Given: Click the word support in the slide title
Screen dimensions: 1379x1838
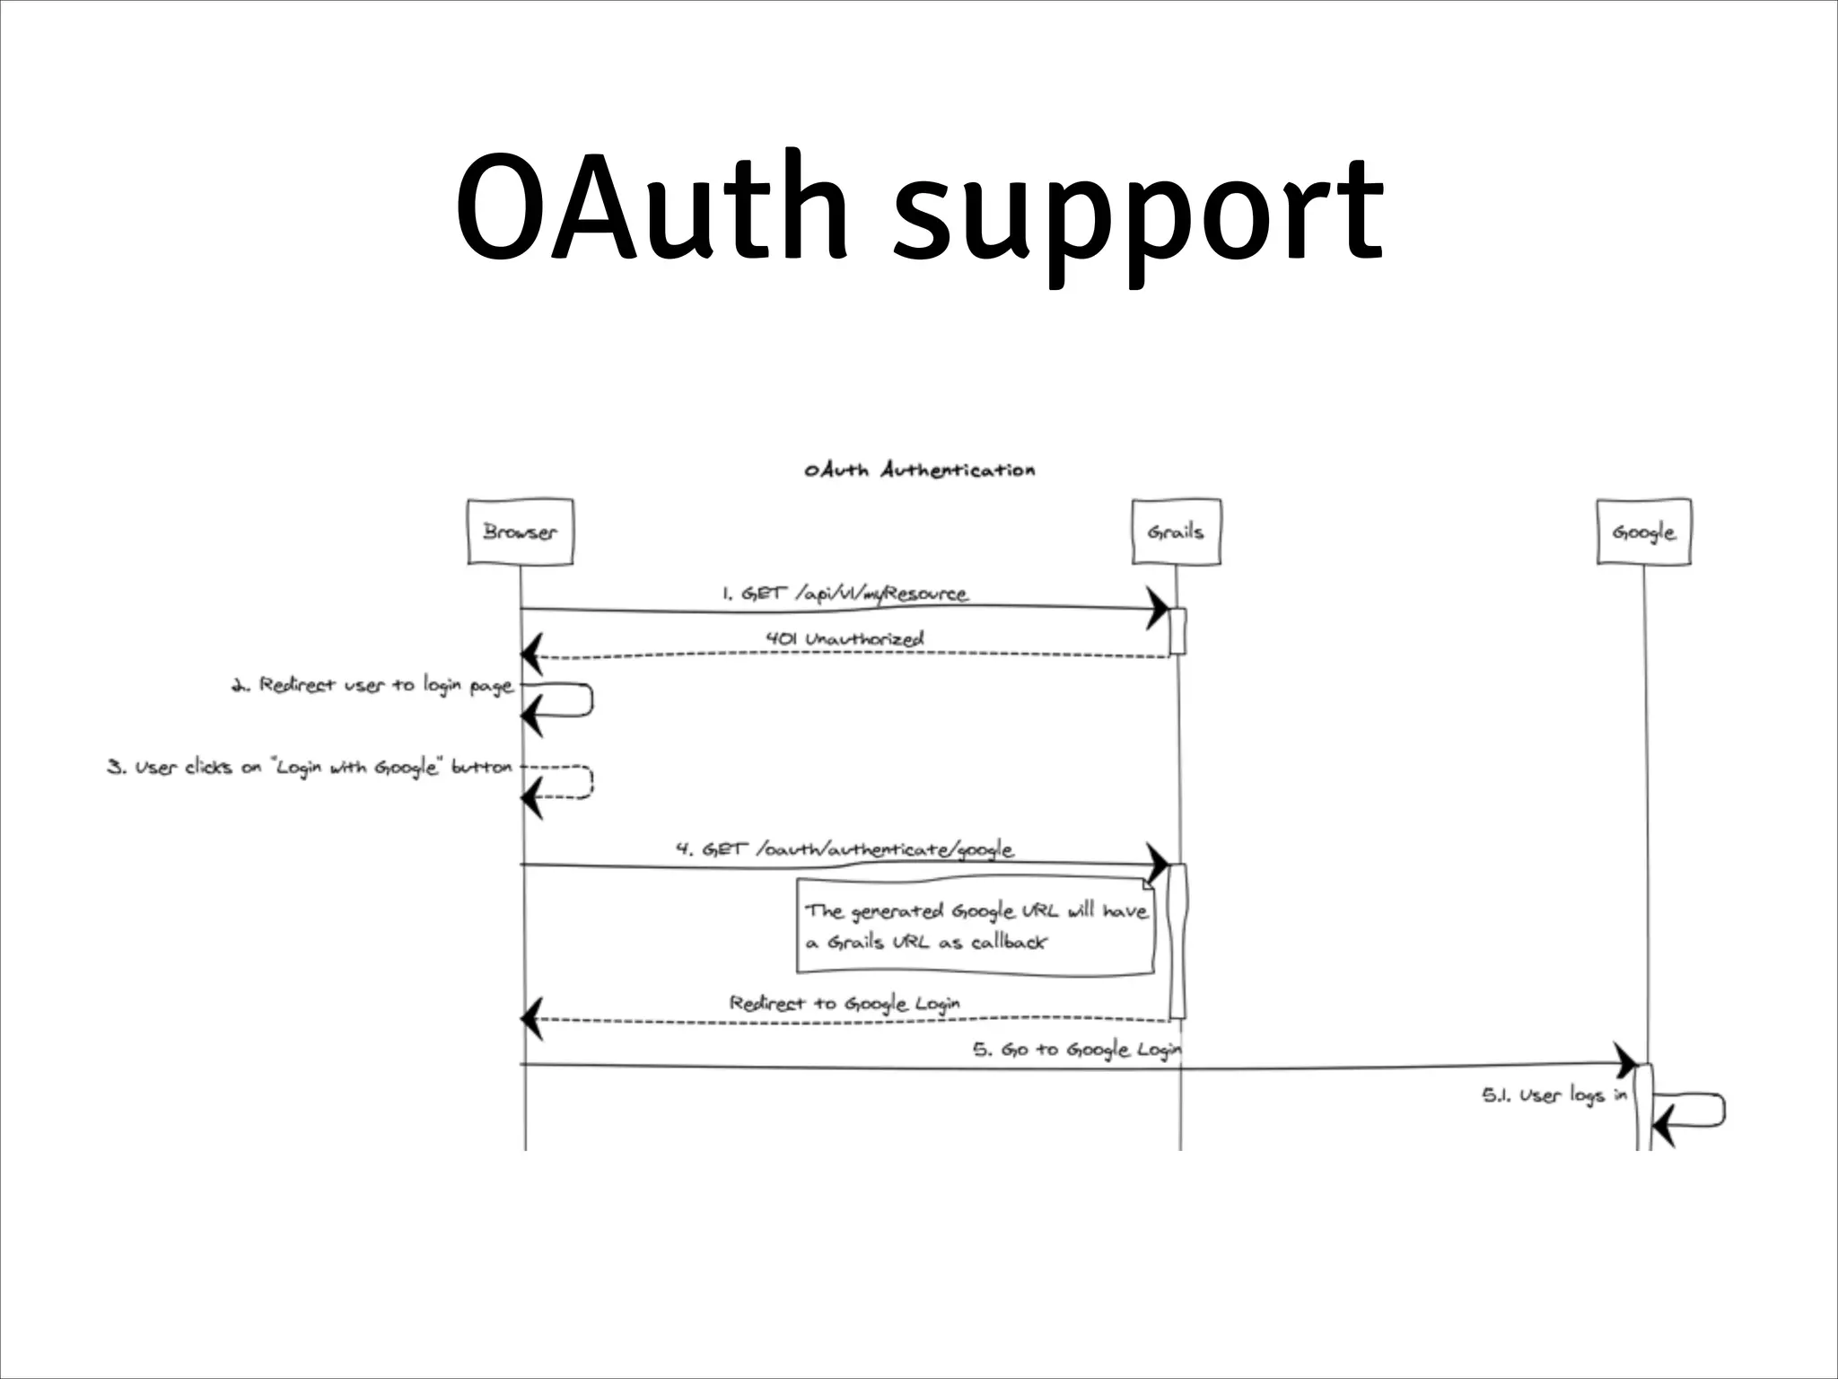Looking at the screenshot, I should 1138,215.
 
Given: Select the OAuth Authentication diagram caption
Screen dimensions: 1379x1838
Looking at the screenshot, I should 919,470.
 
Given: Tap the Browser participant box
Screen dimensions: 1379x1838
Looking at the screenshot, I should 521,531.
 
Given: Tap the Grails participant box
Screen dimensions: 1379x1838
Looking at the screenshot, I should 1176,531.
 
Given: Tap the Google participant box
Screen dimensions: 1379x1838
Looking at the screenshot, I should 1643,531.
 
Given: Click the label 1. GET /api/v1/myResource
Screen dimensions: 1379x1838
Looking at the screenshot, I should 845,594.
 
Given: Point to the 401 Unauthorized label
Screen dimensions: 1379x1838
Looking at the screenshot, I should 845,639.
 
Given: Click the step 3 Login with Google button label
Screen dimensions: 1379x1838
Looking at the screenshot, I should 311,769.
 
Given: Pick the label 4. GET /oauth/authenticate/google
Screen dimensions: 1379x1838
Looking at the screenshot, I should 845,849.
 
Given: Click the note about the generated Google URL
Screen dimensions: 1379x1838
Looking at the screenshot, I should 976,927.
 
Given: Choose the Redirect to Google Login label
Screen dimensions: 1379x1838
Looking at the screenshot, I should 845,1003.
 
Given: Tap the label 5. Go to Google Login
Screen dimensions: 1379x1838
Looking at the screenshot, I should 1078,1049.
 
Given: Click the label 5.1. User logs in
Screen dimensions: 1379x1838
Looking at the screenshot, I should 1554,1096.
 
